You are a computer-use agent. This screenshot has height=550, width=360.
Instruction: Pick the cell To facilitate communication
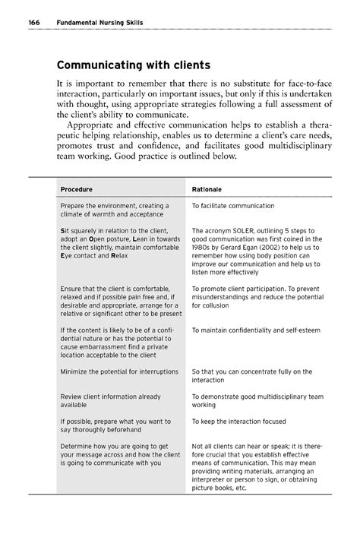coord(243,206)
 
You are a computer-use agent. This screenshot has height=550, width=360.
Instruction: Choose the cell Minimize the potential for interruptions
coord(119,371)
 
